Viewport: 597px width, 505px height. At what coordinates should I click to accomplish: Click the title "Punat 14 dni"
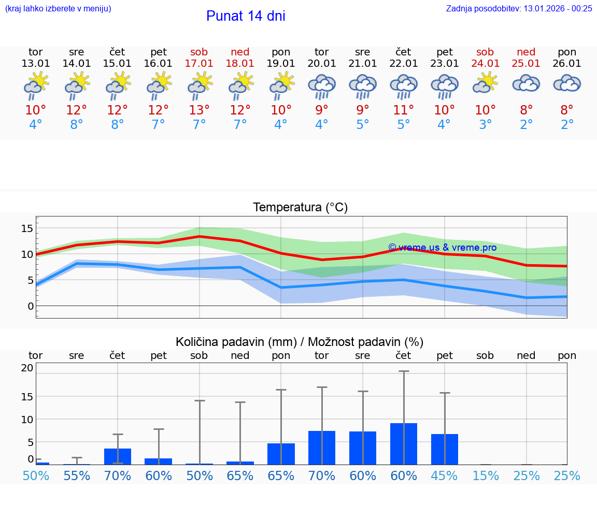246,16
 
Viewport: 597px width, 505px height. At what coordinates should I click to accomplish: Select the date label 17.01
199,64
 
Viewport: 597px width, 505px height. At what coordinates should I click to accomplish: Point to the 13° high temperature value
199,110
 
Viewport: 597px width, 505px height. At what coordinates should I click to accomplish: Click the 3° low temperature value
485,125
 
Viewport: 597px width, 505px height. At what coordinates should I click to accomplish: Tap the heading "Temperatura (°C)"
300,207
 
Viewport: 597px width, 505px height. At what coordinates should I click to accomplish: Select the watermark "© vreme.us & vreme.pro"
442,248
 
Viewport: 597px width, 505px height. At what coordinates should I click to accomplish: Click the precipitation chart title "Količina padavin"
300,342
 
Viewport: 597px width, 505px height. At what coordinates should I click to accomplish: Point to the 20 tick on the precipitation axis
27,368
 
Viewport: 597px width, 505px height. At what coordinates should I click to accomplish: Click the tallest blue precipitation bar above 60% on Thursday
404,444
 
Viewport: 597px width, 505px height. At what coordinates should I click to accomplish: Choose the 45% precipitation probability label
444,476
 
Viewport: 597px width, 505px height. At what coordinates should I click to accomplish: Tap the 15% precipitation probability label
485,476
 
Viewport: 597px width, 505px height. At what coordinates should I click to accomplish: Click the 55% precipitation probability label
77,476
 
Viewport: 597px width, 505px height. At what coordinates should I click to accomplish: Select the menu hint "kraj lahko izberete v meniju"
58,8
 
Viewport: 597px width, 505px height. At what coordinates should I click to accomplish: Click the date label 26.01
567,64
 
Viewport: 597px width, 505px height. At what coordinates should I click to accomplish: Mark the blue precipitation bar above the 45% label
444,449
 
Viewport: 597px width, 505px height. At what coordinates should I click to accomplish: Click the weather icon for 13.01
36,85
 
